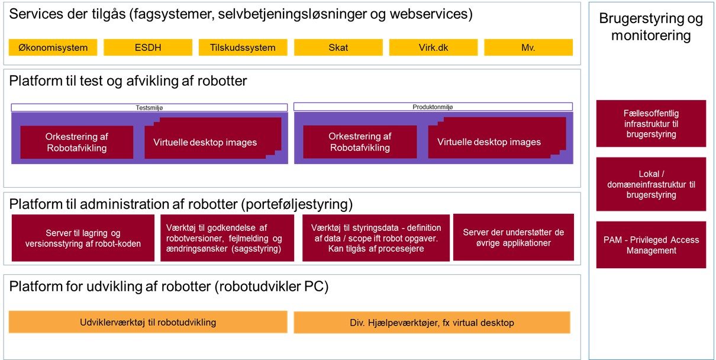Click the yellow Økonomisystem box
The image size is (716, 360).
pos(53,47)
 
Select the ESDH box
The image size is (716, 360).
pos(148,47)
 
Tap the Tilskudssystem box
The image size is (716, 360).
pos(243,47)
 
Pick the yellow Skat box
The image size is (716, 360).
pos(338,47)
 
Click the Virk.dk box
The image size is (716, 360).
pos(433,47)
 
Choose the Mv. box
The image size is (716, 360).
pos(528,47)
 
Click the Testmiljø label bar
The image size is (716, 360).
pos(149,107)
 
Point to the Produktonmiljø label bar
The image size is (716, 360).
pos(433,107)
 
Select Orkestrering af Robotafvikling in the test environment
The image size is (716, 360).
pos(76,142)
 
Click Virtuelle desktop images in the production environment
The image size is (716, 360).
pos(489,142)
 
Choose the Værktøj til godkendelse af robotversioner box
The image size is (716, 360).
pos(227,238)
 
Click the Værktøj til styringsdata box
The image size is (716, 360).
pos(376,238)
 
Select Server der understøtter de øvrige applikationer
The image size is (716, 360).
pos(513,237)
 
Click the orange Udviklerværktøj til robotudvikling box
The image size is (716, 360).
pos(148,322)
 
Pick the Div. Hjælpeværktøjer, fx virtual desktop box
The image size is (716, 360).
pos(431,323)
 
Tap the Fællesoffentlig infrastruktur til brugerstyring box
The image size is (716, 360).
pos(651,123)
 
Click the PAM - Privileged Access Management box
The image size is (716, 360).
pos(651,245)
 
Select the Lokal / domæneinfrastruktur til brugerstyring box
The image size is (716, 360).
pos(651,184)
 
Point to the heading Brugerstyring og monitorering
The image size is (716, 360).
pos(651,27)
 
